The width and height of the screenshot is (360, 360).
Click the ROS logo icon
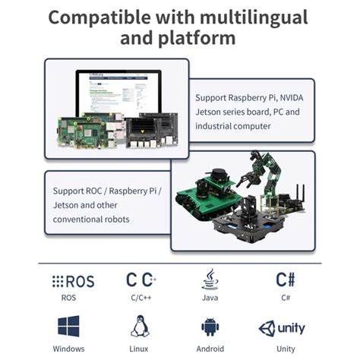coord(73,281)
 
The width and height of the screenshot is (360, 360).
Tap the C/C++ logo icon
coord(141,280)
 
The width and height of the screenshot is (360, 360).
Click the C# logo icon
coord(286,280)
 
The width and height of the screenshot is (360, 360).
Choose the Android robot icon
coord(210,327)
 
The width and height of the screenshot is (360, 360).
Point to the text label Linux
coord(139,349)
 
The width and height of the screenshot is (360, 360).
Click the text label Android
coord(210,349)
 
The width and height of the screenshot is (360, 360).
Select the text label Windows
coord(68,349)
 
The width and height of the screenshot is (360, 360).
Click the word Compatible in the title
coord(97,16)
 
